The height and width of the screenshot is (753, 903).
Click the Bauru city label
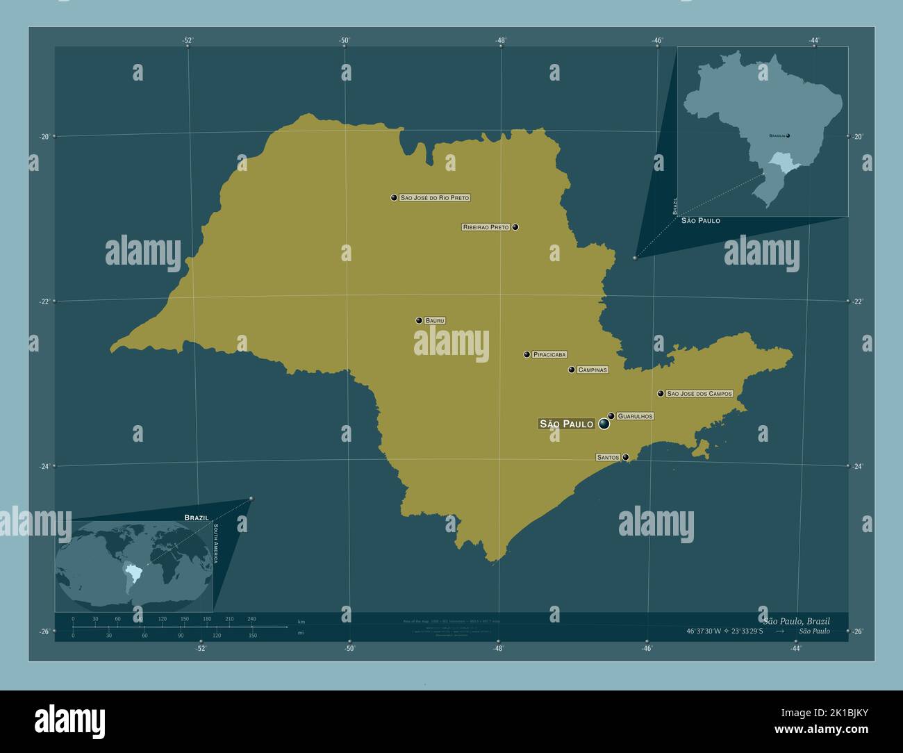point(435,320)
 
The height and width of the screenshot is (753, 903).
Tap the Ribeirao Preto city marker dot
point(515,227)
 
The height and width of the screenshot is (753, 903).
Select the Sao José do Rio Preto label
point(435,198)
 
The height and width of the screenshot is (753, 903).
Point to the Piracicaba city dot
point(527,354)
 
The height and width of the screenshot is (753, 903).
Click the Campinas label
point(593,370)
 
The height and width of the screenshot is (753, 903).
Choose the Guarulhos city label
point(635,416)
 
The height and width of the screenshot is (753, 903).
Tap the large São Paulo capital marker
point(604,423)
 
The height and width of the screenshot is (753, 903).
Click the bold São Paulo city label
point(566,424)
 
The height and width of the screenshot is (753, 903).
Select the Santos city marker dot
point(626,457)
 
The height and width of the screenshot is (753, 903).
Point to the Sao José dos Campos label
point(699,393)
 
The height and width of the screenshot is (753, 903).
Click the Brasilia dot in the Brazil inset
point(788,135)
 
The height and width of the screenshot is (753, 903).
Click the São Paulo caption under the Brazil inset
point(700,220)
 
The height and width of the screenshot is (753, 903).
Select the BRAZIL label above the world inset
point(197,518)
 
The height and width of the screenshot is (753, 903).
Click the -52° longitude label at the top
point(188,40)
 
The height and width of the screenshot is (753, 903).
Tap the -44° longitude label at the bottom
point(795,649)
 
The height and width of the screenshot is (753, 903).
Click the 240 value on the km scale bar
point(251,618)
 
